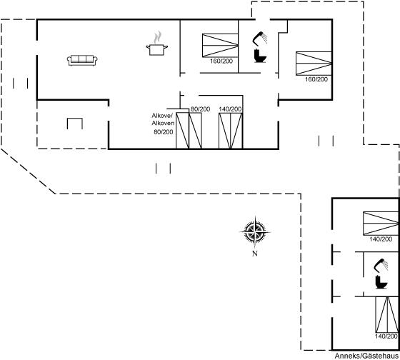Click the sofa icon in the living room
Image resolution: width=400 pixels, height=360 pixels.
[82, 61]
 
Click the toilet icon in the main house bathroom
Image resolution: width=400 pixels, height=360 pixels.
[260, 56]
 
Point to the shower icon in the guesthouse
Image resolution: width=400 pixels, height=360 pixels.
[381, 265]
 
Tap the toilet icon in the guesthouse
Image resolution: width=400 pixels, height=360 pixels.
[381, 282]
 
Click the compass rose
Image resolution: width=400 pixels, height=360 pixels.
[255, 232]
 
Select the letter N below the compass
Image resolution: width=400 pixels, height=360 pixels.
[255, 254]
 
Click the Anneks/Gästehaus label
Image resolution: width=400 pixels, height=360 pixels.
[366, 356]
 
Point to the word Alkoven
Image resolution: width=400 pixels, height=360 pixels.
[163, 124]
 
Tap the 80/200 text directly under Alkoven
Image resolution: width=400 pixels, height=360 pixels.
[164, 132]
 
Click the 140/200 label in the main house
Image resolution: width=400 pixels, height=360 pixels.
[230, 109]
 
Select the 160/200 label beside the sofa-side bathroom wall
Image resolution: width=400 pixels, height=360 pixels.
[221, 61]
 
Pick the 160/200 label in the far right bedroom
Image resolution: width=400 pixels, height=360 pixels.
[316, 79]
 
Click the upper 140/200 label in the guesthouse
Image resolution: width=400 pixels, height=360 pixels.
[381, 239]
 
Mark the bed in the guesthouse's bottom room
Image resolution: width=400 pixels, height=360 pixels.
[387, 314]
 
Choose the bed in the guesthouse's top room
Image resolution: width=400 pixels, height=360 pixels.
[381, 224]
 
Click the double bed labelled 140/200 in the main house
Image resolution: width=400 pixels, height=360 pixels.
[231, 131]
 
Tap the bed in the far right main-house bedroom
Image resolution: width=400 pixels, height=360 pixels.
[314, 64]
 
